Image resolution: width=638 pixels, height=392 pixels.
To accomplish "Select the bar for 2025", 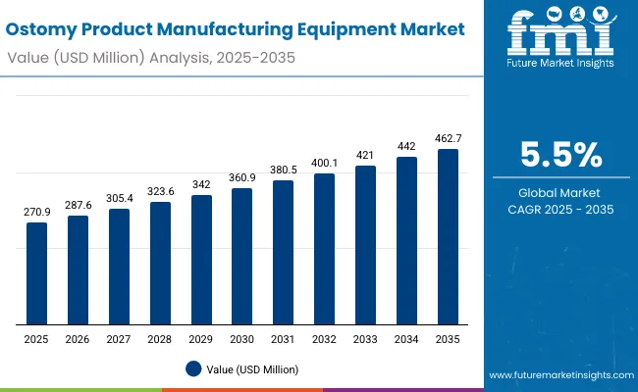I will [x=36, y=273].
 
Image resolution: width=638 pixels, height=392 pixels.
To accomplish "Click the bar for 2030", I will [x=241, y=257].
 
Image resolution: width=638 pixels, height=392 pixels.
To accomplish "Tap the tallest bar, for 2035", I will [x=448, y=237].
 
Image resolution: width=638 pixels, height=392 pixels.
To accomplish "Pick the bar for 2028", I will [x=160, y=264].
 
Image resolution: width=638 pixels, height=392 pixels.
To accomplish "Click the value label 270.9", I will [x=36, y=212].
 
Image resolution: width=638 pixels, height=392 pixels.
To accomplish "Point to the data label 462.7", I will [x=448, y=138].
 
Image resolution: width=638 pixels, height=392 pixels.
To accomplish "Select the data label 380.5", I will [x=283, y=170].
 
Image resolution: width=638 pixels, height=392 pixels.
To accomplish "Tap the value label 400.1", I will [x=324, y=162].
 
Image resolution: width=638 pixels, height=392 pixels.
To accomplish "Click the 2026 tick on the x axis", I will [x=78, y=338].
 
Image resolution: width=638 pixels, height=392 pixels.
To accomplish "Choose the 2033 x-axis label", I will [x=365, y=338].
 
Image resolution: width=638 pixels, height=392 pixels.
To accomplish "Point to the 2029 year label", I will [x=201, y=338].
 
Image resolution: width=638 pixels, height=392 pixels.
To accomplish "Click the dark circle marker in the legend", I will [x=192, y=368].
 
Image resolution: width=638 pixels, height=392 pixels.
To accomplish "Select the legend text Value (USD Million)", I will [x=252, y=369].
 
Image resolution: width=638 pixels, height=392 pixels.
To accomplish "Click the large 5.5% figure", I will [x=560, y=156].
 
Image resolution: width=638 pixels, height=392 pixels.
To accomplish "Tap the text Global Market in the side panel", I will [x=560, y=192].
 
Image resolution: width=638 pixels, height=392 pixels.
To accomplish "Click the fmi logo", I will [x=559, y=37].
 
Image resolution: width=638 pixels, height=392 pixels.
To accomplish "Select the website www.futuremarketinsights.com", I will [x=558, y=375].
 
